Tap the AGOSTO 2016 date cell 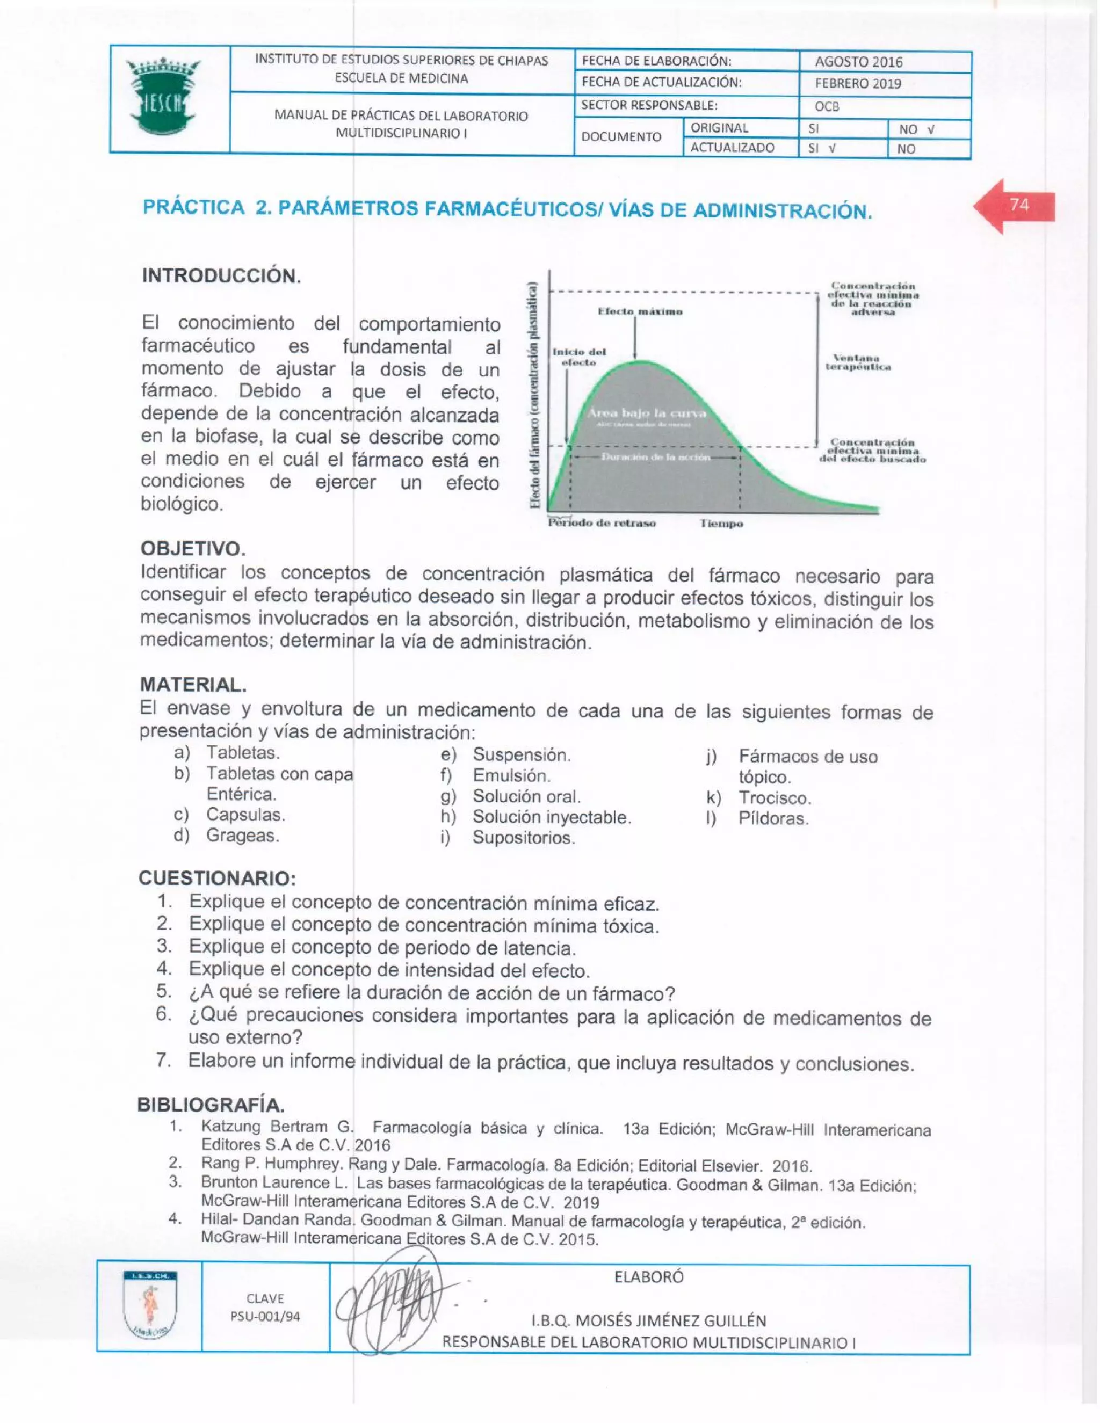(x=858, y=62)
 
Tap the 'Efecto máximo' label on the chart (x=640, y=311)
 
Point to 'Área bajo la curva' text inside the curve (x=647, y=413)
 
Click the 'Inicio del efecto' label (x=578, y=357)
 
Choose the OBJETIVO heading (x=193, y=549)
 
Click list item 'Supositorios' (x=523, y=838)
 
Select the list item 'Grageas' (x=242, y=836)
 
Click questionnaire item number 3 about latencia (x=382, y=947)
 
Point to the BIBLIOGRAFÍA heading (x=211, y=1106)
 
